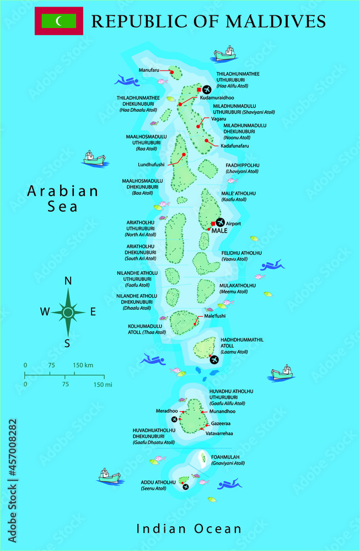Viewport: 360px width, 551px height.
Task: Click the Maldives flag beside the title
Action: click(59, 21)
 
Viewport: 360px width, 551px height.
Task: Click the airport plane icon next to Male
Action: click(221, 222)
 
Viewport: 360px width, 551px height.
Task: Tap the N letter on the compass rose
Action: click(68, 280)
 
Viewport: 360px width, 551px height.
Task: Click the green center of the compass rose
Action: click(68, 312)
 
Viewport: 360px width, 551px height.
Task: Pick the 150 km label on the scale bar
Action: click(83, 365)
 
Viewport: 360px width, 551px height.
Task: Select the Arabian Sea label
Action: click(63, 198)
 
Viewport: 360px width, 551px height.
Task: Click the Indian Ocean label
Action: click(189, 529)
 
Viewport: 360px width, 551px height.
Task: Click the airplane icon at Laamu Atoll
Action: click(214, 360)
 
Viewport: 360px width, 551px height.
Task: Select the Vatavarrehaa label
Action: click(219, 434)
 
